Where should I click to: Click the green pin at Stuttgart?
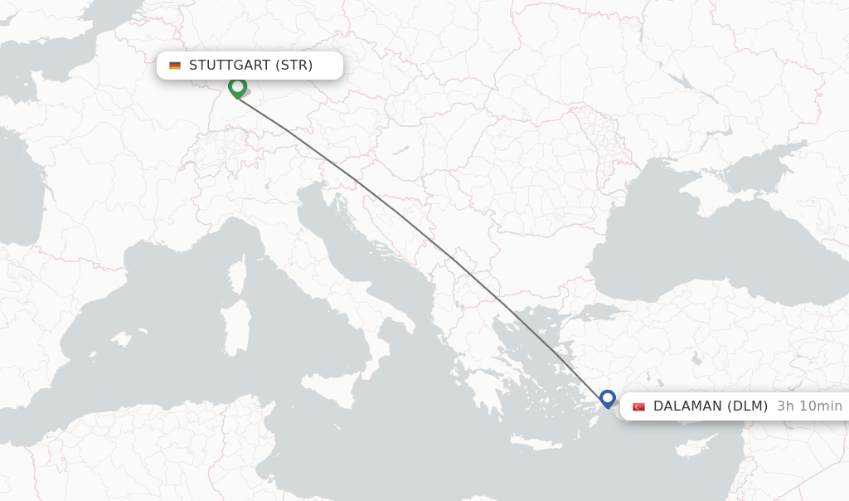tap(237, 86)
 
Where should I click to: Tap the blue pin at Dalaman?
tap(608, 398)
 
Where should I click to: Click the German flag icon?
tap(175, 66)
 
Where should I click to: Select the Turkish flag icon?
tap(638, 406)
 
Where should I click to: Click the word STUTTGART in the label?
tap(230, 66)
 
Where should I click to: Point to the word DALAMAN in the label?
tap(687, 406)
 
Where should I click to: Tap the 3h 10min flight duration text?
tap(809, 406)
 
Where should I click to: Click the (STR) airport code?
tap(294, 66)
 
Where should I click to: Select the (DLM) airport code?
tap(748, 406)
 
